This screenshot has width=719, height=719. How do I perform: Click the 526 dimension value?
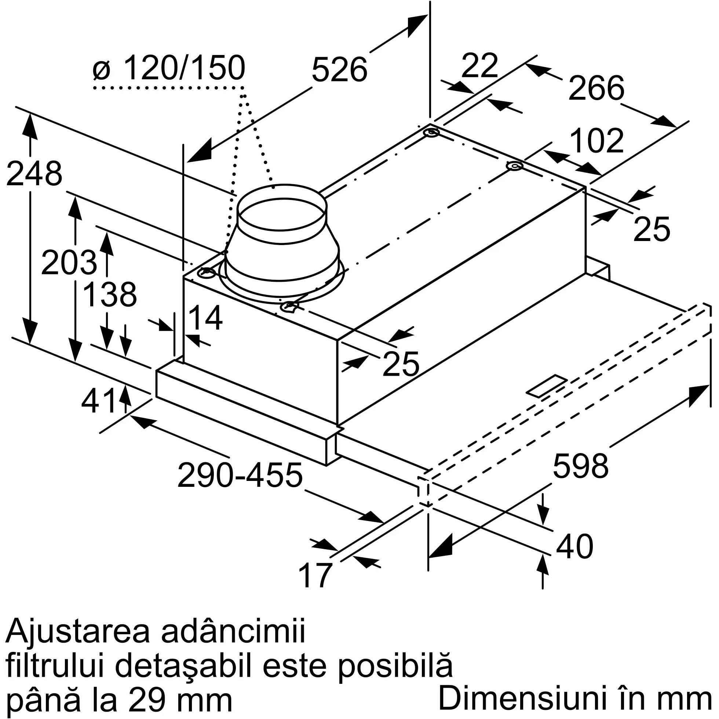click(x=339, y=70)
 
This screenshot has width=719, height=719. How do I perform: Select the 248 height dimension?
click(x=34, y=174)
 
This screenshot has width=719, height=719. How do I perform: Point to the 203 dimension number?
click(x=69, y=262)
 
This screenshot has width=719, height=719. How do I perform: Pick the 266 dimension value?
click(x=596, y=88)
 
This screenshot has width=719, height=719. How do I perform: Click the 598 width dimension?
click(x=581, y=465)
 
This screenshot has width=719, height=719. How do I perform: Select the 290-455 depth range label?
click(x=240, y=475)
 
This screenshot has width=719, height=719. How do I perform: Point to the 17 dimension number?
click(x=315, y=575)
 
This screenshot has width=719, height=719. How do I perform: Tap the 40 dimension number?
click(x=574, y=546)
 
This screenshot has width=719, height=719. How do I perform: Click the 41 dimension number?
click(x=98, y=401)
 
